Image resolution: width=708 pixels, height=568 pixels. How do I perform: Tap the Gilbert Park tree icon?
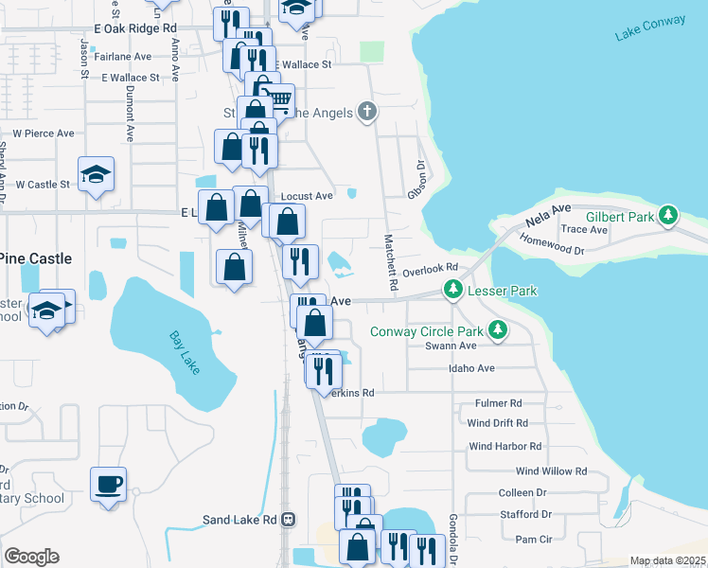click(668, 216)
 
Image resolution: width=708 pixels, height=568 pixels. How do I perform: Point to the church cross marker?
click(367, 113)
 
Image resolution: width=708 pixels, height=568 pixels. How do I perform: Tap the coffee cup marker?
click(108, 484)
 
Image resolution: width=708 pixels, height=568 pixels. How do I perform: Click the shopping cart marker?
click(278, 98)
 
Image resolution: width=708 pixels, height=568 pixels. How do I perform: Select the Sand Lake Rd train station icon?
click(288, 520)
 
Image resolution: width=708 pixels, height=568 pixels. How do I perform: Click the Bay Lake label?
click(185, 351)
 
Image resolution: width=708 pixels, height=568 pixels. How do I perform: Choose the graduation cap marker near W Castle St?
click(96, 174)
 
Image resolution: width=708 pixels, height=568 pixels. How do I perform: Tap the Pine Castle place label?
click(35, 257)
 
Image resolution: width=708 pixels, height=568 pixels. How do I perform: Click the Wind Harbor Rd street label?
click(504, 446)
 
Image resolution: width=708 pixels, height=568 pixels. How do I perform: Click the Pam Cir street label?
click(534, 539)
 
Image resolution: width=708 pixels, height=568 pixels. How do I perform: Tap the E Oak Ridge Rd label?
click(136, 29)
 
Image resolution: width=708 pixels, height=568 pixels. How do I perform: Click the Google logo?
click(31, 557)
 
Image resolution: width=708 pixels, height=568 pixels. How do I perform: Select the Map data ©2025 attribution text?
click(667, 560)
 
